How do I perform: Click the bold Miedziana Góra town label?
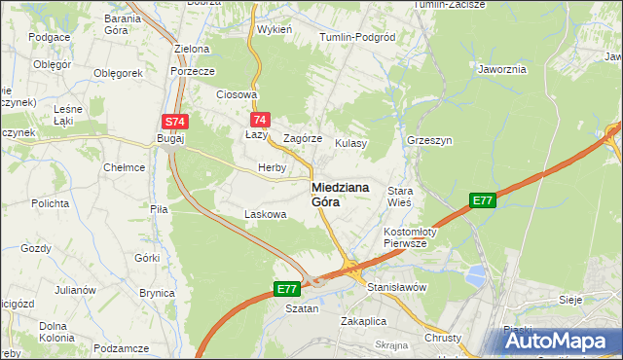point(340,195)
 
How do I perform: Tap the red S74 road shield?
point(174,121)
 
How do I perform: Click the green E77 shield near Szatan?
point(286,289)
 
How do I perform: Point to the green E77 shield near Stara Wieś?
point(482,200)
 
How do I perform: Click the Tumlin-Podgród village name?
point(357,37)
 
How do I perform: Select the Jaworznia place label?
point(502,69)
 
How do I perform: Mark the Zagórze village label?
point(302,139)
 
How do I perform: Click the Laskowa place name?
point(265,214)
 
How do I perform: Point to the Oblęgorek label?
point(118,73)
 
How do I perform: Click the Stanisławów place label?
point(397,288)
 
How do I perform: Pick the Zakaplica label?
point(364,320)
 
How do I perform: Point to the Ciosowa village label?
point(237,95)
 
